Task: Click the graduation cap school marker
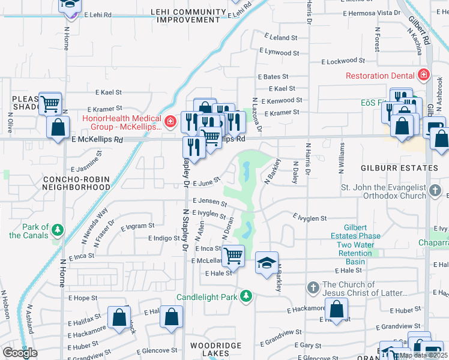[267, 263]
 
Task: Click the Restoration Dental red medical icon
[423, 76]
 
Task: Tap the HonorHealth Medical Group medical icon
[171, 122]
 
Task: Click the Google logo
[19, 353]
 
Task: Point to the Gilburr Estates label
[409, 168]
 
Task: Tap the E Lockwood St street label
[343, 61]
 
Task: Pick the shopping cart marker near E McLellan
[233, 256]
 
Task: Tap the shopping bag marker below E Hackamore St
[337, 310]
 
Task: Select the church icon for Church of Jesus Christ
[313, 287]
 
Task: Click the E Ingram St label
[137, 228]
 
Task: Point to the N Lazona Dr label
[257, 115]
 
